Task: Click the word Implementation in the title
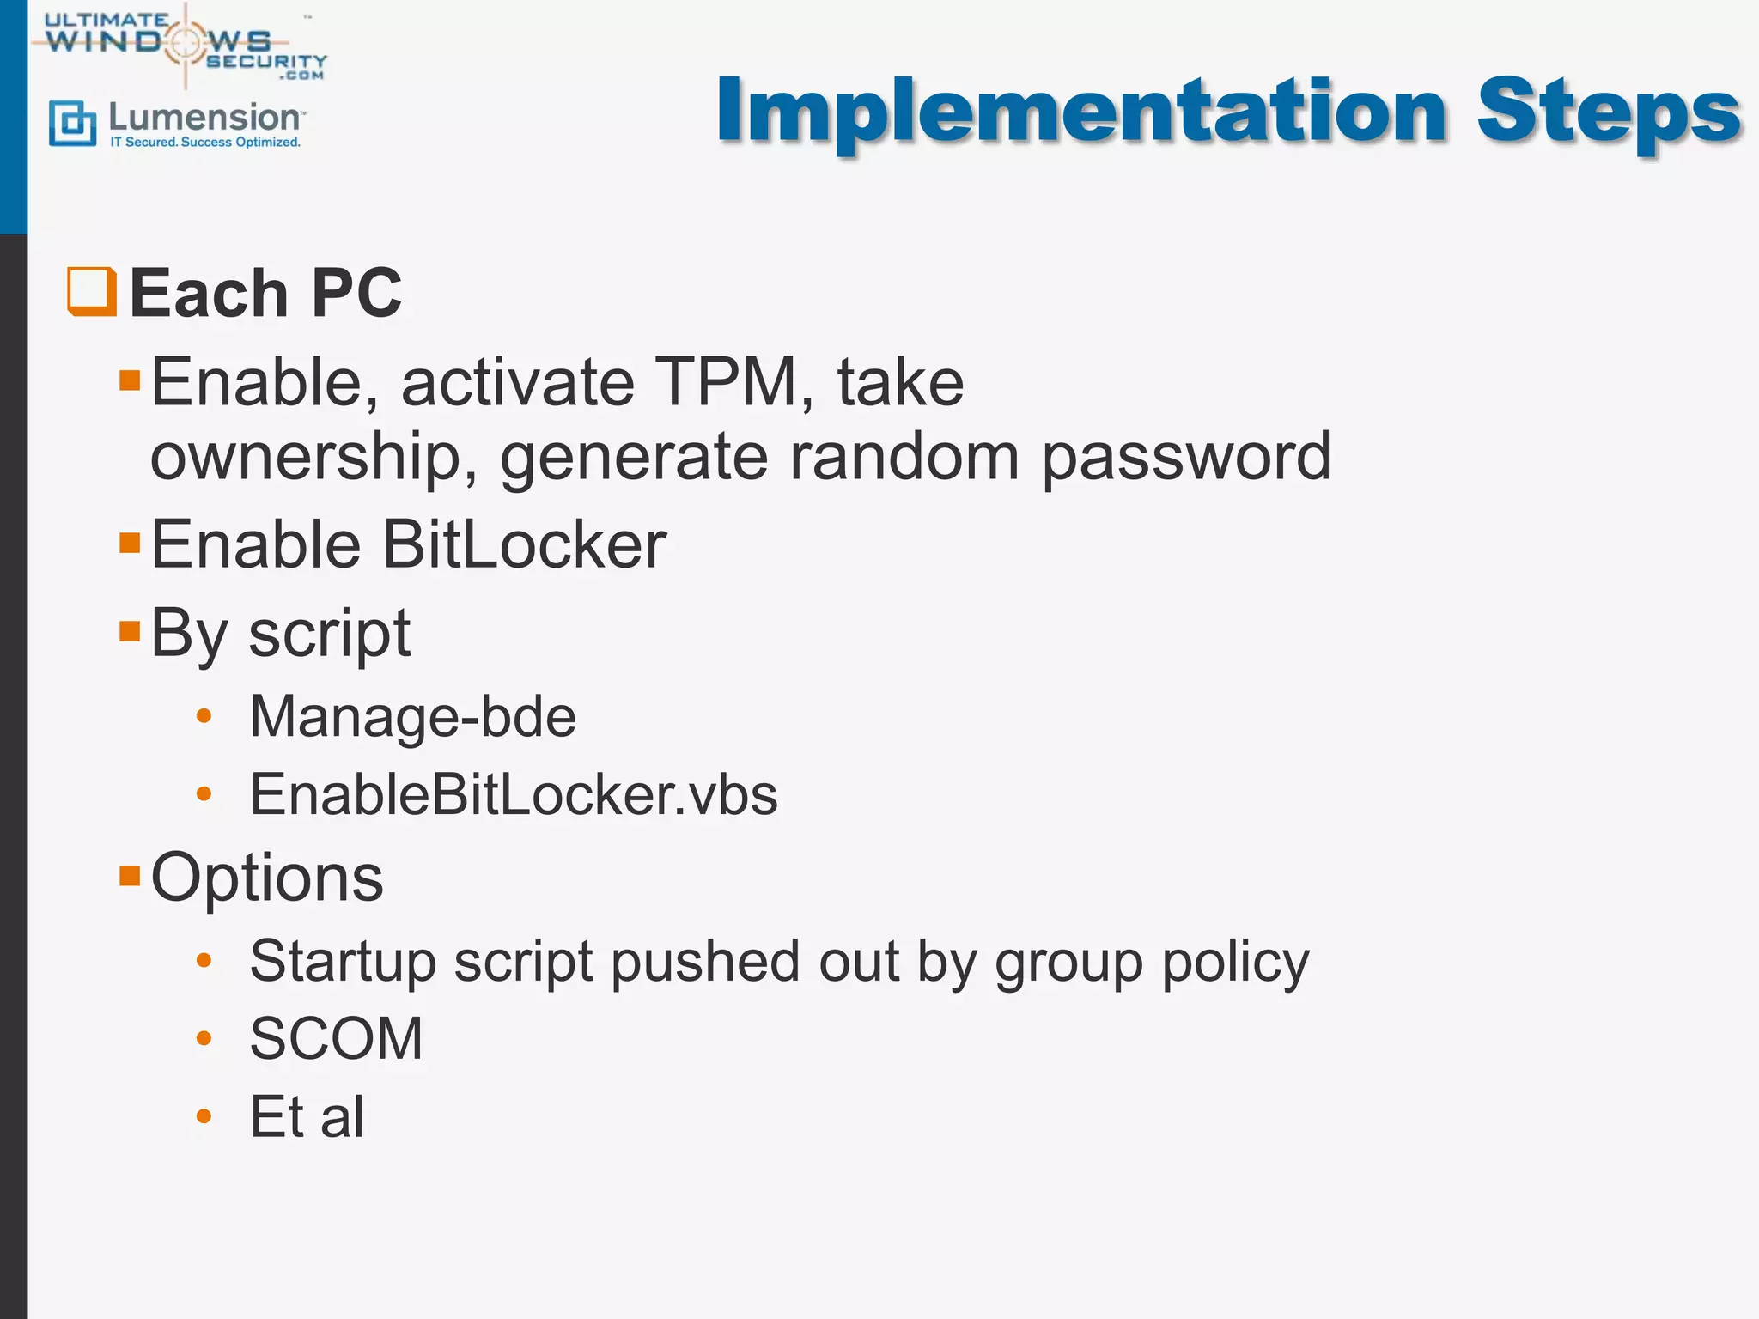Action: [x=1082, y=112]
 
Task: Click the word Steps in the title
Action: [x=1608, y=112]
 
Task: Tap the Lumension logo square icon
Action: [x=72, y=123]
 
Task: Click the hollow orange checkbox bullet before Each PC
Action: [x=92, y=292]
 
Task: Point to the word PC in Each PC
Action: [x=356, y=294]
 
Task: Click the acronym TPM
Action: [x=726, y=382]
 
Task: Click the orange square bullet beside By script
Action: [x=130, y=632]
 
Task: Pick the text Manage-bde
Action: [x=412, y=717]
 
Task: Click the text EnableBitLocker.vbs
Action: [x=514, y=794]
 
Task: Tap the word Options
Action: [x=267, y=878]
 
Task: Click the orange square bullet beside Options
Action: [x=130, y=875]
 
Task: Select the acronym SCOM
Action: [x=336, y=1038]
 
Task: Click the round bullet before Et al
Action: [x=204, y=1116]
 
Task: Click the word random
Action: [x=904, y=457]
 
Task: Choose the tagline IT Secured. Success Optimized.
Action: [x=205, y=143]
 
